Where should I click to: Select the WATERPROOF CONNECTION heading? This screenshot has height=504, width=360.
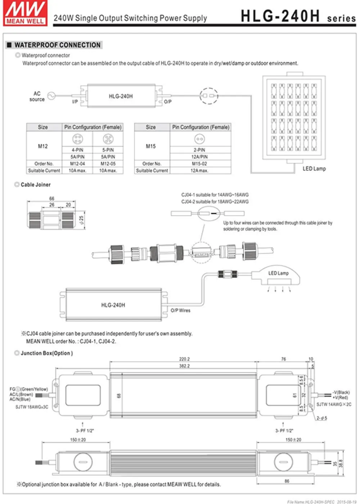tap(57, 45)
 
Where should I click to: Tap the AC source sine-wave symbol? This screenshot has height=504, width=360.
tap(51, 96)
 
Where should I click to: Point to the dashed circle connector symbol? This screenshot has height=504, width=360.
tap(209, 96)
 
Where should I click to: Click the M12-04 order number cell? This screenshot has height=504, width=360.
tap(77, 164)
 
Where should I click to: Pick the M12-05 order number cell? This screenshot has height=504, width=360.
tap(108, 164)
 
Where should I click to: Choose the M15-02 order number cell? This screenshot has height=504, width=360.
tap(199, 164)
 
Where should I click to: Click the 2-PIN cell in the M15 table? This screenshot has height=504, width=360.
tap(199, 150)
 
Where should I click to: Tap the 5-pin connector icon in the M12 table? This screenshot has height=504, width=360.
tap(108, 139)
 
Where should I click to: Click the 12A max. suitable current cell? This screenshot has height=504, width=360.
tap(199, 171)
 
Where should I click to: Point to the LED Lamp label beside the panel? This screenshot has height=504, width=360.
tap(314, 168)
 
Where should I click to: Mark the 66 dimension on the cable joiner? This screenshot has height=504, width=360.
tap(52, 199)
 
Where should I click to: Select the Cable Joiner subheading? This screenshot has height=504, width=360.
tap(35, 185)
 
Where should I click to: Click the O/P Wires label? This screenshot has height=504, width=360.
tap(180, 310)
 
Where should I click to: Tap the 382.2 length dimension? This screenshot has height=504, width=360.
tap(184, 366)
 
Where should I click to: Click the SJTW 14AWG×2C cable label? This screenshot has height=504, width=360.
tap(334, 404)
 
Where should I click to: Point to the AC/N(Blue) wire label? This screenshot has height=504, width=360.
tap(20, 399)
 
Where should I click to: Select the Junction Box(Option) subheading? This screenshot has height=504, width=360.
tap(46, 353)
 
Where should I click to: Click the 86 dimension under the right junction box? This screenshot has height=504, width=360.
tap(287, 481)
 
